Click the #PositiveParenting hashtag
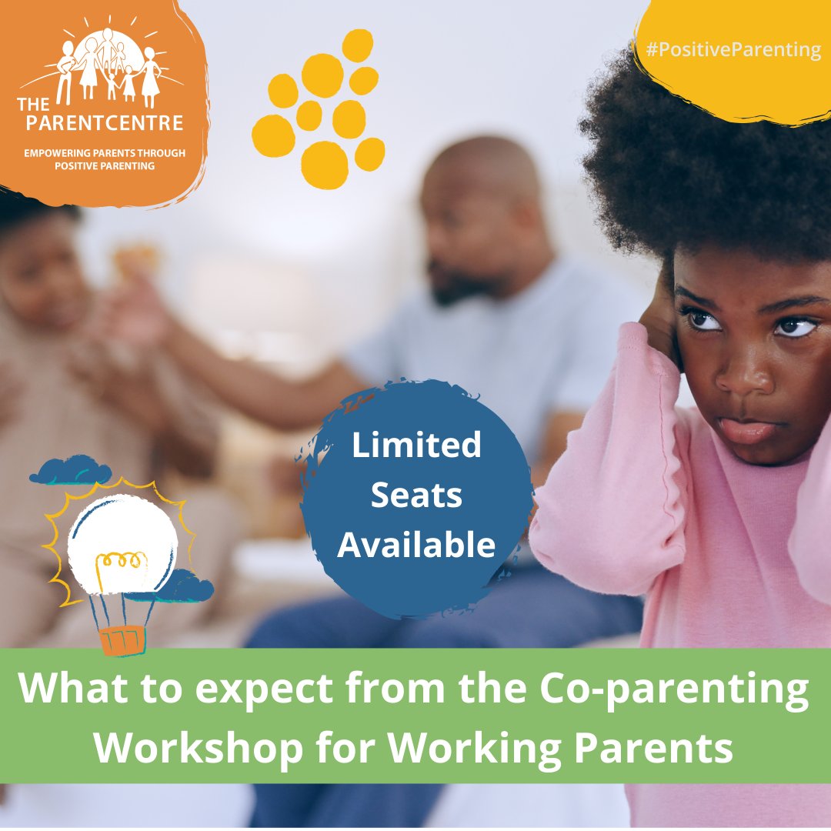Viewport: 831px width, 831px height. point(733,51)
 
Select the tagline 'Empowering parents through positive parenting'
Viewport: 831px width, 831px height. point(105,159)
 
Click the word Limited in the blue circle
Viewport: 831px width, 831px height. point(416,446)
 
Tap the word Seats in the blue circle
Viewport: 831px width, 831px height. point(416,496)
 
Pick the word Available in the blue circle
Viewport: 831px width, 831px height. point(416,545)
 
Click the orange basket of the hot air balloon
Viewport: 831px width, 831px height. point(122,639)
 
